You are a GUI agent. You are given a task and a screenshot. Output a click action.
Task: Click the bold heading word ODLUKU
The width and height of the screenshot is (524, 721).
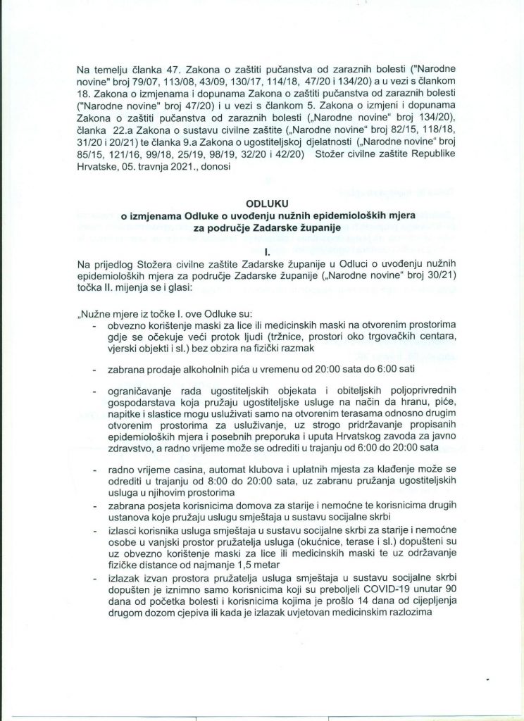coord(261,204)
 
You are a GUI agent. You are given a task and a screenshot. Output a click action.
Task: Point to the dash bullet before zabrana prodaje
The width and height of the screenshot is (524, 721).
coord(96,369)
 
